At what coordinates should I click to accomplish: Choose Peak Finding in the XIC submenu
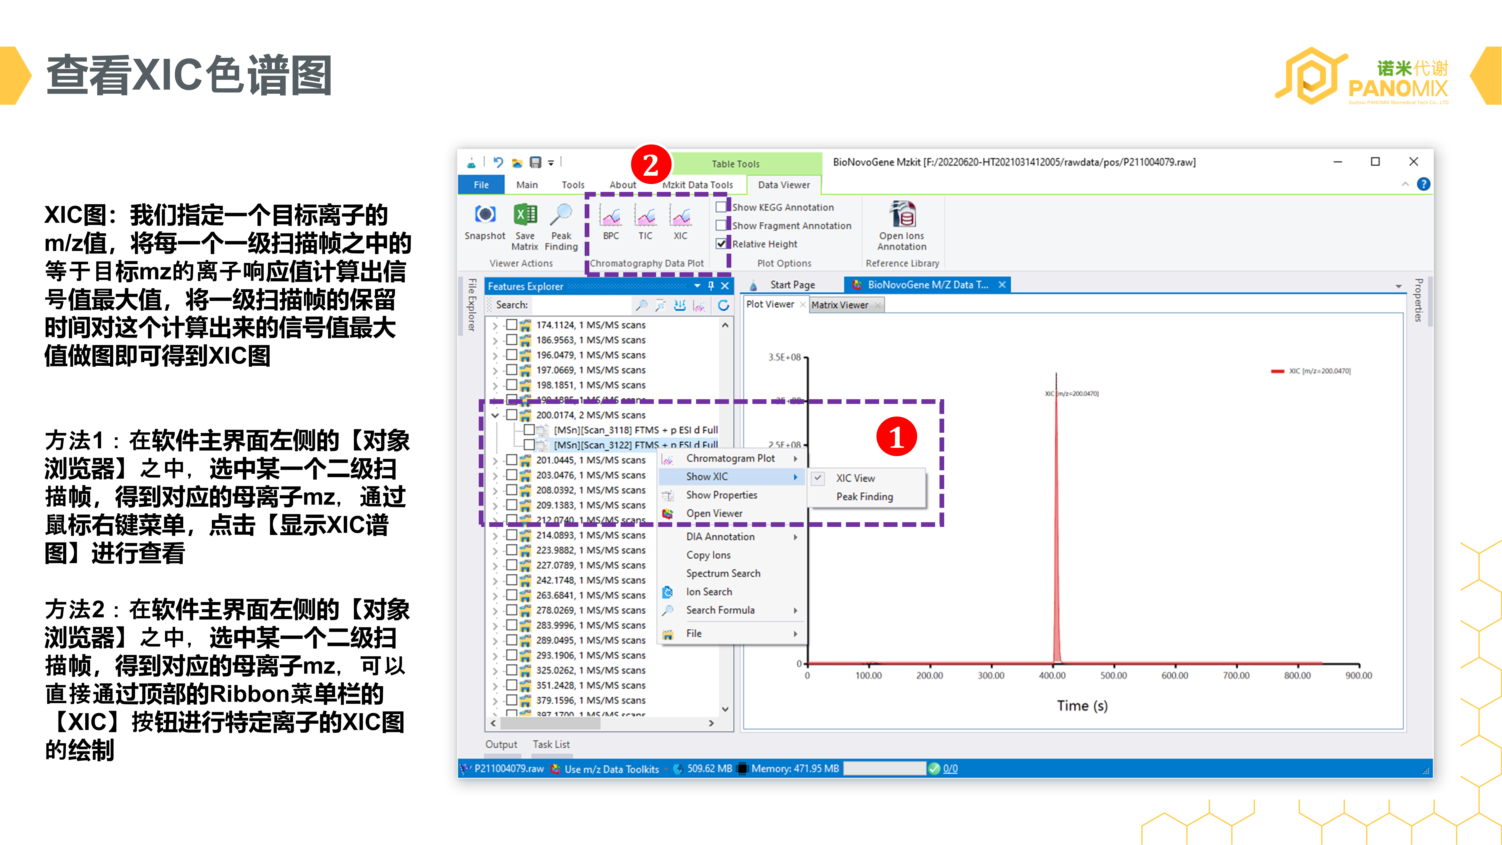864,496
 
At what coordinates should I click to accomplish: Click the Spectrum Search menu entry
723,573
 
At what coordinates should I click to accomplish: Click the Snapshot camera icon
485,215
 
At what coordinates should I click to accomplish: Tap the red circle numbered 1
896,437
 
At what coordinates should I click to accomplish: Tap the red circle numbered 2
651,165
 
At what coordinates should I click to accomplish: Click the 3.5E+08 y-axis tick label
784,357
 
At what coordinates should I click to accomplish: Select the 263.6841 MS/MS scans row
590,595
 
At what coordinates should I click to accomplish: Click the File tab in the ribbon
481,185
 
